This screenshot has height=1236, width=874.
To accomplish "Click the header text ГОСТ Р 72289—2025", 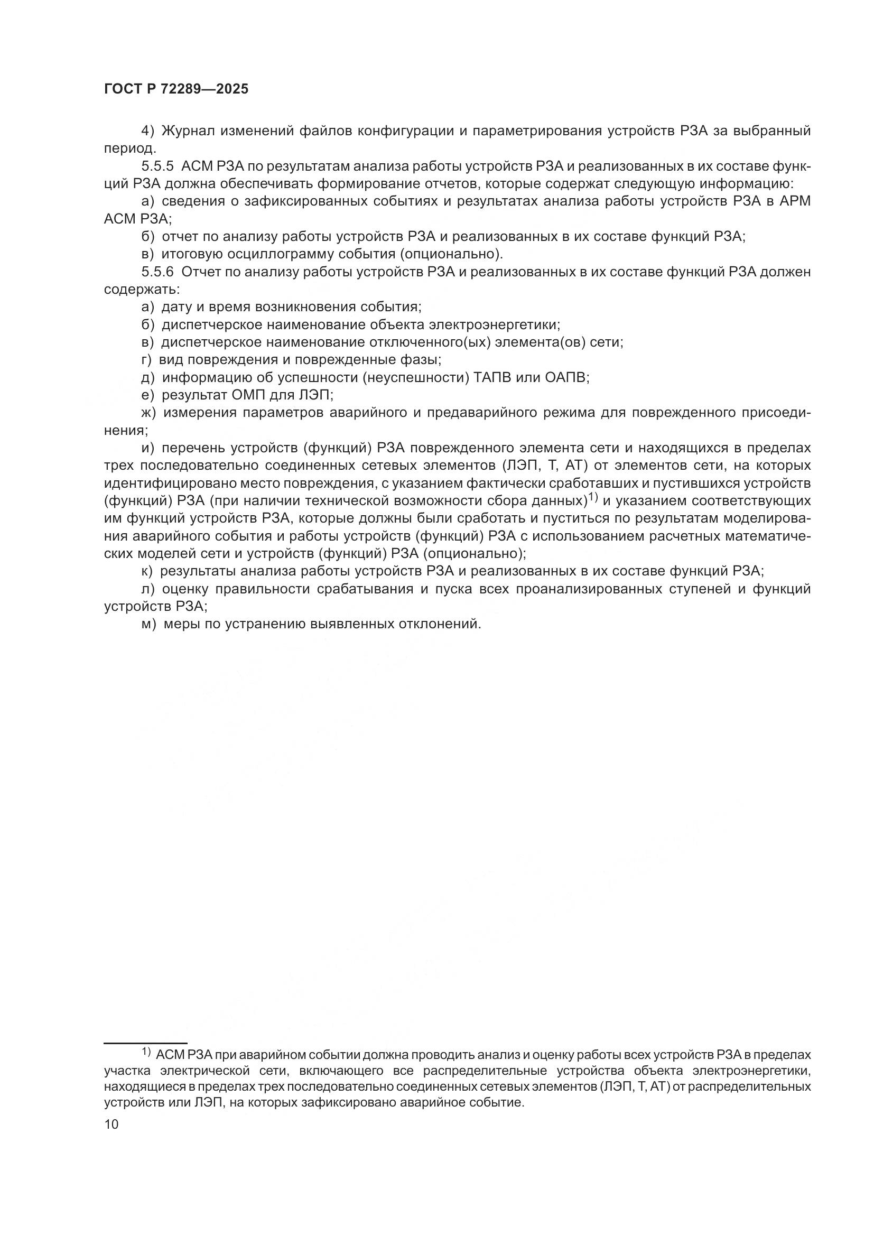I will (x=176, y=89).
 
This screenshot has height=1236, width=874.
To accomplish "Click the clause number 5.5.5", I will (x=157, y=166).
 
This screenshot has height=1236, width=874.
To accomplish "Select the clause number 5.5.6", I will (x=157, y=272).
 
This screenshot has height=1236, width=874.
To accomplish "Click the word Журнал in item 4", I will (x=186, y=131).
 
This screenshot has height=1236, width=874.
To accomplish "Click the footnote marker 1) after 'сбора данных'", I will (x=592, y=498).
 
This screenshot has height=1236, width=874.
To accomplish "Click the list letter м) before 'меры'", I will (x=148, y=624).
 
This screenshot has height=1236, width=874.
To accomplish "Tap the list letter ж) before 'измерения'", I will (x=148, y=413).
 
